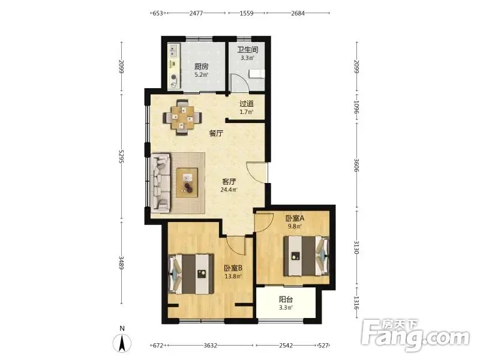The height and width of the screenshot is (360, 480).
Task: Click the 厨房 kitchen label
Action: coord(201,67)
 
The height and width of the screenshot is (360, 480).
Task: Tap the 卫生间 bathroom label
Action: coord(247,50)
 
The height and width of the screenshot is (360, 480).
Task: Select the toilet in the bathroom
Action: coord(257,74)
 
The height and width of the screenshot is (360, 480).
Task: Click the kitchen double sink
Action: coord(174,50)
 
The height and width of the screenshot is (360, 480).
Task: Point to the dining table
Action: coord(182,118)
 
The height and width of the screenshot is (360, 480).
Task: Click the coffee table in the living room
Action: coord(187,182)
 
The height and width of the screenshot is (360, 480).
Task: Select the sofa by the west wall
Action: coord(161,184)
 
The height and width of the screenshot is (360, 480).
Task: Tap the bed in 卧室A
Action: coord(306,256)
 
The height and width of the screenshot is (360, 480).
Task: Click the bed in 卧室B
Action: coord(191,274)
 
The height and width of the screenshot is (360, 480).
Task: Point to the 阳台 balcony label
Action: coord(286,299)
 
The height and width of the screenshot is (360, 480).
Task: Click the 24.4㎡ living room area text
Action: coord(229,190)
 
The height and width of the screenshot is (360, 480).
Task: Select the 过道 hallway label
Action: coord(247,104)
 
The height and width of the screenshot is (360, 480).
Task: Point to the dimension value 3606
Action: coord(356,165)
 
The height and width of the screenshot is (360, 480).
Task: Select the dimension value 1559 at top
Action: coord(247,13)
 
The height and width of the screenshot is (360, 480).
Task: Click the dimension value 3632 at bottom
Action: coord(211,346)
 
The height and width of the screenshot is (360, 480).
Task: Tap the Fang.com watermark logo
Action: coord(415,335)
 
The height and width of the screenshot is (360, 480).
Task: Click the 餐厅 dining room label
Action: coord(216,133)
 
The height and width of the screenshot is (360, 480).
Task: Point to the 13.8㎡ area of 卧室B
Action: coord(233,277)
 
